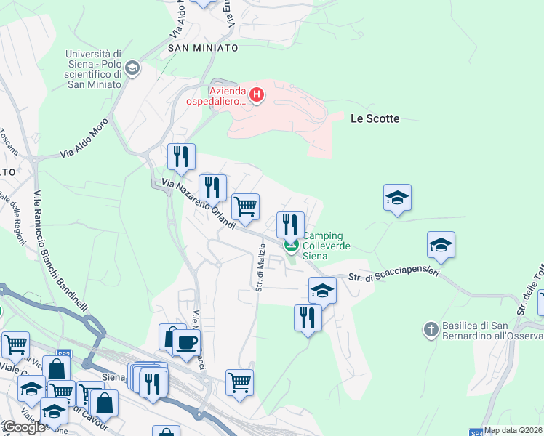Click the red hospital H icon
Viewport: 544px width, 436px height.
[x=256, y=94]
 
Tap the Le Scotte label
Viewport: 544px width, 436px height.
[x=375, y=118]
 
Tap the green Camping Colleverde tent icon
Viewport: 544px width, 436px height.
[x=292, y=246]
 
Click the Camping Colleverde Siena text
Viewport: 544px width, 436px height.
[x=327, y=246]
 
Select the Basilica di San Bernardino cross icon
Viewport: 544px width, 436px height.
[x=431, y=330]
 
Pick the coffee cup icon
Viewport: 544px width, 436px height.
[x=186, y=342]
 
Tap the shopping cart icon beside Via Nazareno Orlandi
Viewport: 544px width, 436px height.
[x=246, y=206]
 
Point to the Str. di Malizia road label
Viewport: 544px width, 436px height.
[x=260, y=266]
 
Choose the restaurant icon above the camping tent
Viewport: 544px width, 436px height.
[x=290, y=224]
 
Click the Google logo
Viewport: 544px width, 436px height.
[x=23, y=427]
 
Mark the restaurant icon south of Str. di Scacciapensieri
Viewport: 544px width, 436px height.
[x=308, y=318]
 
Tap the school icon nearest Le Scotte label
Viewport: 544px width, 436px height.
[x=397, y=197]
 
